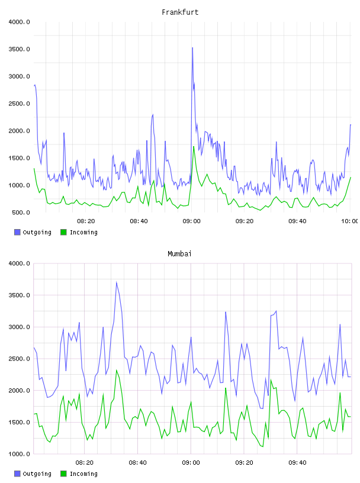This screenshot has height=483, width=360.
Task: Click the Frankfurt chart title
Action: (x=180, y=12)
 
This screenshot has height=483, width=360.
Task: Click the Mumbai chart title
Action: (x=179, y=254)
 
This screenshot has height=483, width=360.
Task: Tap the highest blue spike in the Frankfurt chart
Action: (x=192, y=48)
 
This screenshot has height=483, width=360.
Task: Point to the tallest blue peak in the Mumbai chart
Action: (x=116, y=282)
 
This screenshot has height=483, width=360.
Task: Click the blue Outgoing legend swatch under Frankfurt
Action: (x=17, y=232)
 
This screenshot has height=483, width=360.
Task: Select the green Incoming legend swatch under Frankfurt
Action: (x=63, y=232)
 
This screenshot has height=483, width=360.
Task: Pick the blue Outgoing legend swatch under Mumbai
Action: (x=17, y=474)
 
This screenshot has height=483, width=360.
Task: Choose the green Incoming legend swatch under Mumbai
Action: (x=63, y=474)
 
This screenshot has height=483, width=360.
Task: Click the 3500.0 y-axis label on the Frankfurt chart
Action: (x=20, y=49)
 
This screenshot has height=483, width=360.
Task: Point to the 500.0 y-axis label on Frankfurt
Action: (x=21, y=212)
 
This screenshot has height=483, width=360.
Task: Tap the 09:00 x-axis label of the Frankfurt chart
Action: (x=191, y=221)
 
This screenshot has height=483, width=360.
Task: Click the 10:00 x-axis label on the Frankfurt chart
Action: (x=349, y=221)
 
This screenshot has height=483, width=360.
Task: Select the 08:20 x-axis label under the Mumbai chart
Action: (x=85, y=463)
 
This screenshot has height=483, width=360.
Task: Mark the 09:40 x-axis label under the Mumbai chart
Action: (x=297, y=463)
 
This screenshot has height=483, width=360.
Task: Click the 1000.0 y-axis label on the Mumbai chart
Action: (x=20, y=454)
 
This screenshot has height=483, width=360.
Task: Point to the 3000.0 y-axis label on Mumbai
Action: (x=20, y=327)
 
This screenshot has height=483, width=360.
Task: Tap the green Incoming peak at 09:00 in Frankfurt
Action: (x=194, y=147)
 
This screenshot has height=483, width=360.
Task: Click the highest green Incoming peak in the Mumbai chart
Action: (x=117, y=371)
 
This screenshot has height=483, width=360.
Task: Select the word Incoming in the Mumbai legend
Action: (x=83, y=474)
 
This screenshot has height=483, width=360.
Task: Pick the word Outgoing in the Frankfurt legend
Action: (x=37, y=233)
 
